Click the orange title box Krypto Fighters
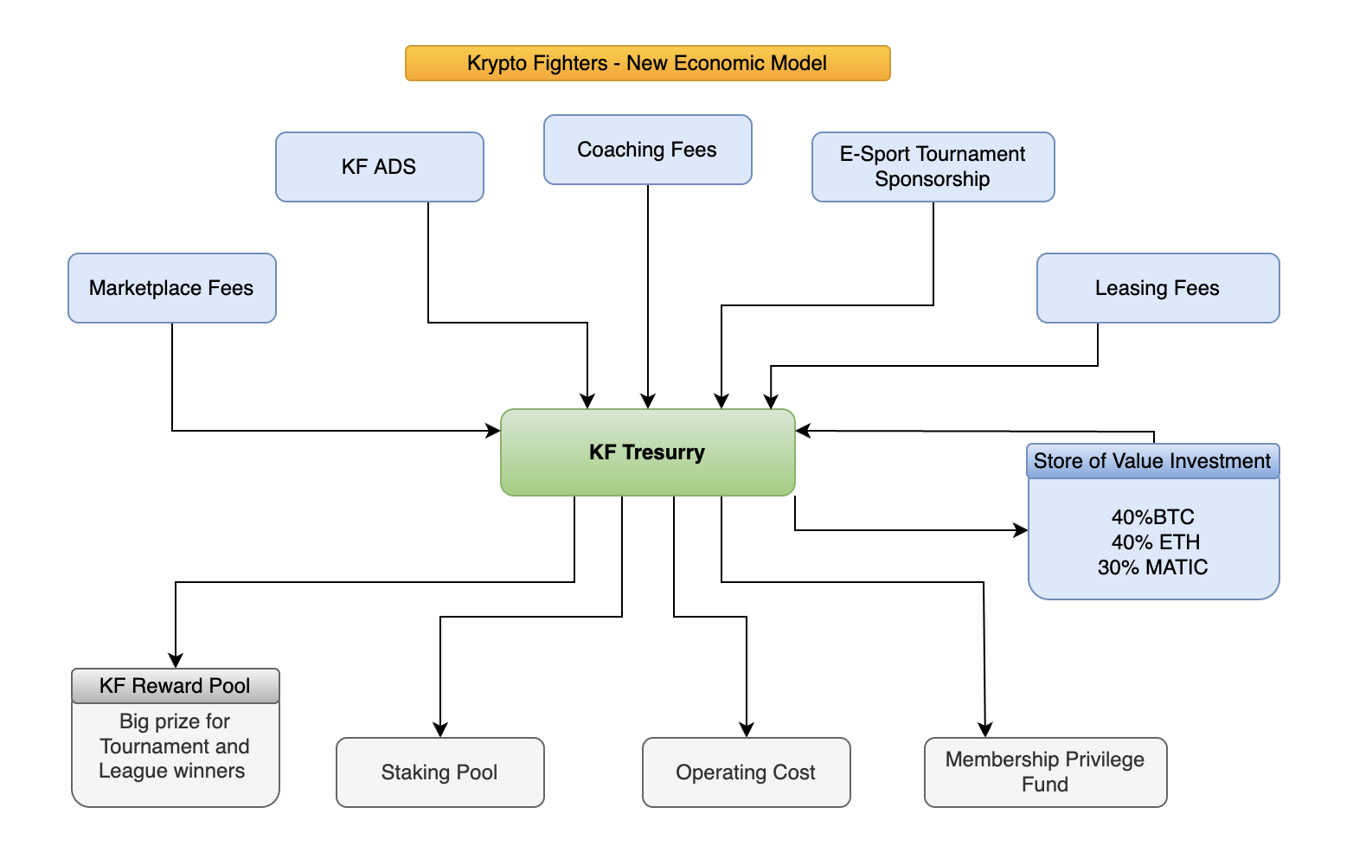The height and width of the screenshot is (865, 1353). [x=647, y=63]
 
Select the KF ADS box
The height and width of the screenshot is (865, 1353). [x=379, y=167]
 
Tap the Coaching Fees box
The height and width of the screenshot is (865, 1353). [x=647, y=150]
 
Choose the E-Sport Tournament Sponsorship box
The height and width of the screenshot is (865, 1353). [x=933, y=167]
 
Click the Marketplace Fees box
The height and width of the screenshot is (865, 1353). [x=171, y=288]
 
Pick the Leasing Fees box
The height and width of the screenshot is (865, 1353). [x=1157, y=288]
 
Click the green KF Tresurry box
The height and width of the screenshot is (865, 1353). [x=647, y=452]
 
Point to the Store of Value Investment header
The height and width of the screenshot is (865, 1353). [x=1152, y=461]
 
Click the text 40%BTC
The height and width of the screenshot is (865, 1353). [x=1152, y=517]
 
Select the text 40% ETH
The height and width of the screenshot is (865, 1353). [x=1156, y=542]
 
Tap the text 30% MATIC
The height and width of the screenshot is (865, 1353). [x=1152, y=567]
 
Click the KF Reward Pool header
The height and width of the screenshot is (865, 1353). [x=175, y=686]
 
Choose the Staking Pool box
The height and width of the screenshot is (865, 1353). [x=439, y=772]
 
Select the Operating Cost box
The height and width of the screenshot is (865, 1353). [x=746, y=772]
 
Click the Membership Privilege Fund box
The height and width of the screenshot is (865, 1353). [x=1045, y=772]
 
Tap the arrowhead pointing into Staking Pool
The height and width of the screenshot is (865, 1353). [x=440, y=730]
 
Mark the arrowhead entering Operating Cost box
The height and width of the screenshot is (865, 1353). [x=747, y=730]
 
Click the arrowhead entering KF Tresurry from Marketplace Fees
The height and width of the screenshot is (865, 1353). [x=494, y=431]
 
